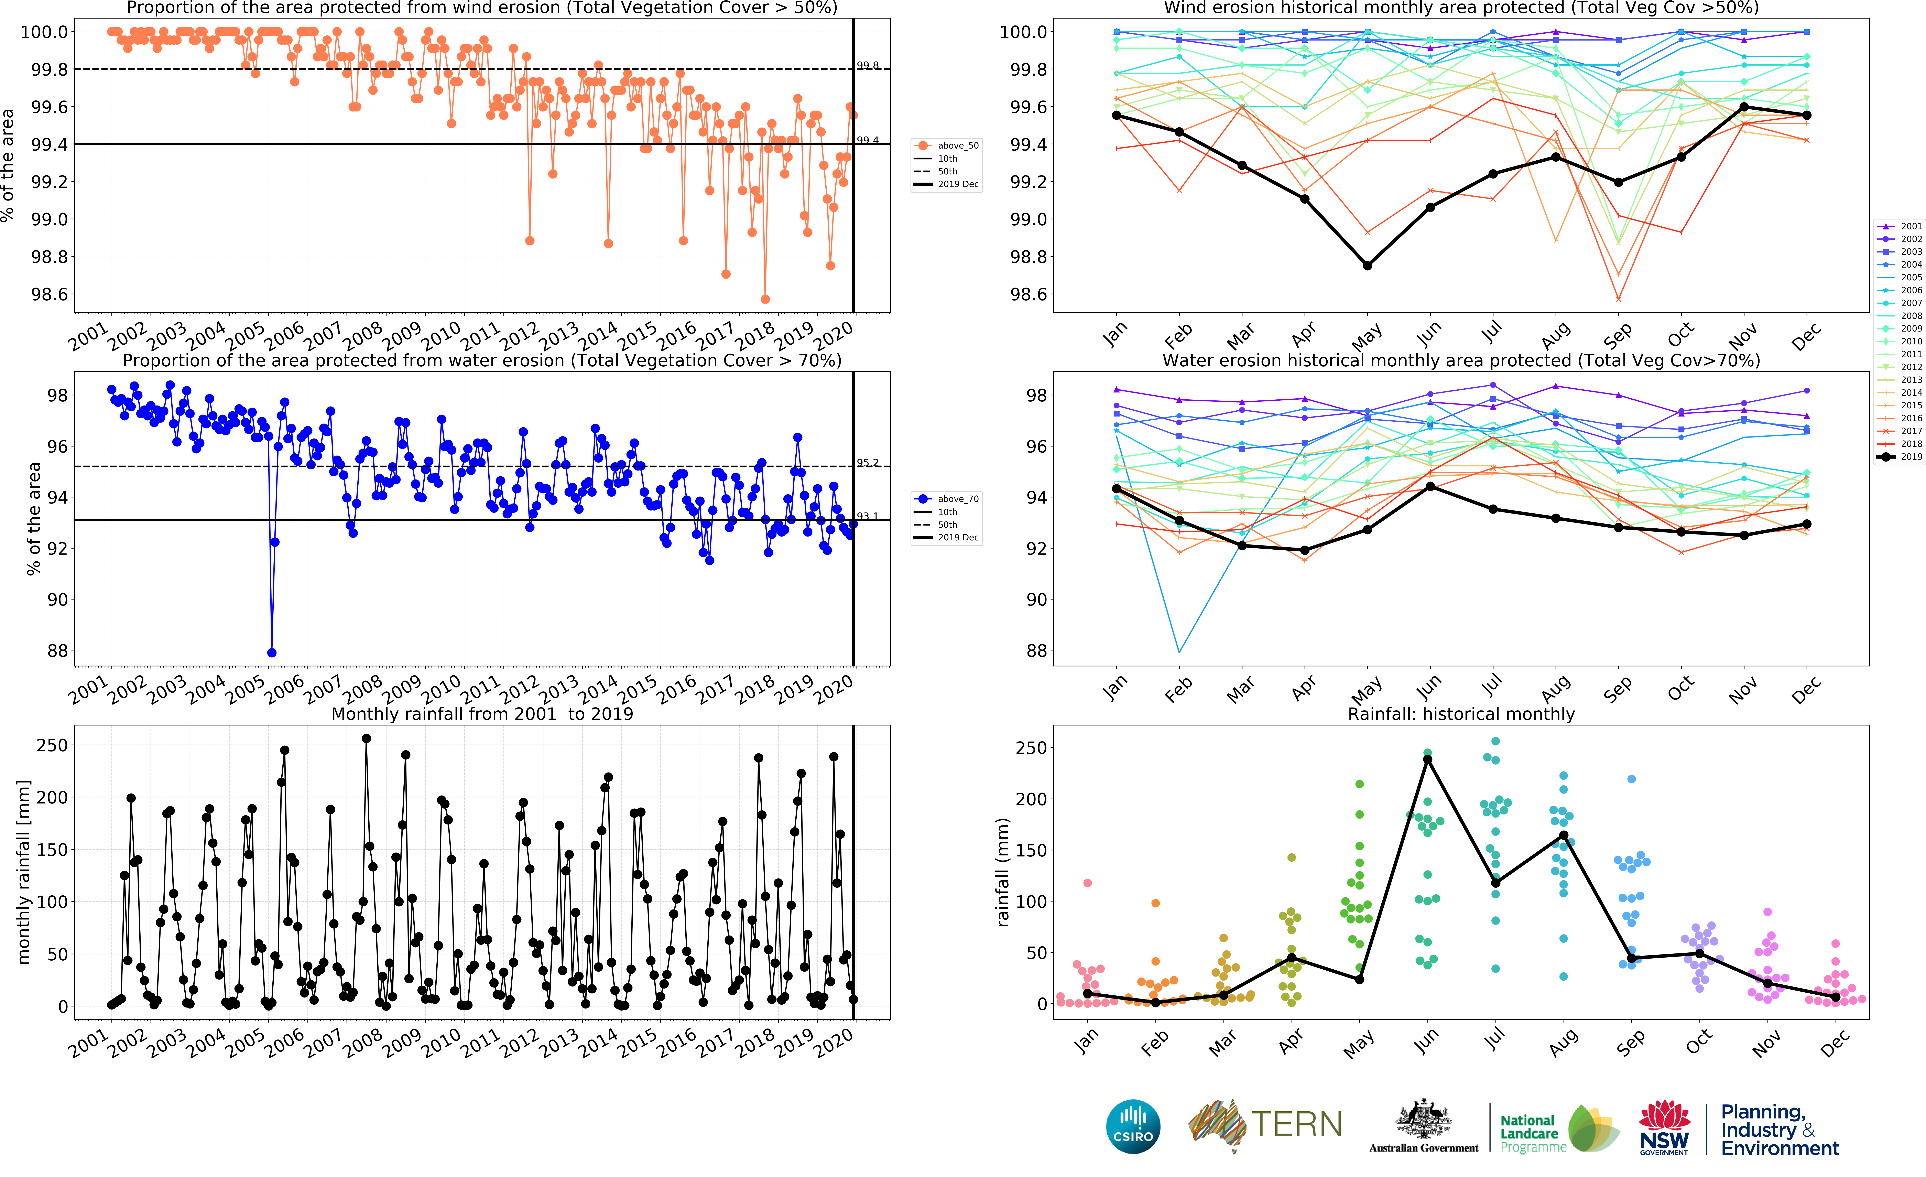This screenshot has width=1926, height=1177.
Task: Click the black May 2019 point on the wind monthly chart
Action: pos(1367,266)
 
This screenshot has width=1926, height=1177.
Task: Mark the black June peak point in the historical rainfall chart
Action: pos(1427,759)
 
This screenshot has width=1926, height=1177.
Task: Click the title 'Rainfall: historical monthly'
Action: pos(1461,714)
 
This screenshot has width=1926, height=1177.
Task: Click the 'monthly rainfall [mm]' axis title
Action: pos(23,871)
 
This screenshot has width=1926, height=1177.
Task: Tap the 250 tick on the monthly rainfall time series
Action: pos(52,746)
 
